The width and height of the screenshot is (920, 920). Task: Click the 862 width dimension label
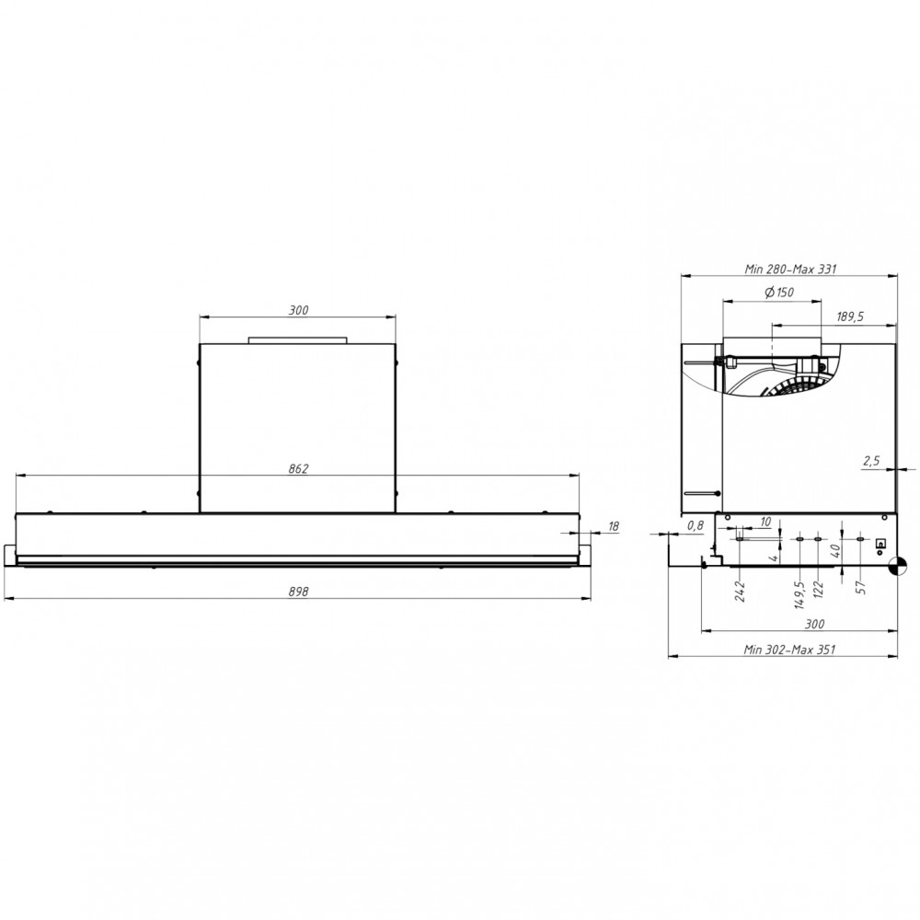297,467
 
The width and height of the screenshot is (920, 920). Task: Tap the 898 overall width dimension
297,592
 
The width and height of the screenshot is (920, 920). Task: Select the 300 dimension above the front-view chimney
298,310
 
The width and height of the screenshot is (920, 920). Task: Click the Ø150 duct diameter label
778,293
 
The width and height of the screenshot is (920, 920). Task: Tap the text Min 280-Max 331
789,270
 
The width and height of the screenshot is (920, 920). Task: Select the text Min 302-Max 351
789,650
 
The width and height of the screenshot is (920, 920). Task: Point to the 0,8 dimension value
696,524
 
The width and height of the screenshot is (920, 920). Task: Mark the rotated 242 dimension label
740,590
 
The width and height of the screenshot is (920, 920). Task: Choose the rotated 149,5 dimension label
800,593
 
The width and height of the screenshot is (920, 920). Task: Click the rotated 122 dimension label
818,590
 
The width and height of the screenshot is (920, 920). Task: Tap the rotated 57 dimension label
861,586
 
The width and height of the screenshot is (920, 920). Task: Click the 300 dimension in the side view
813,625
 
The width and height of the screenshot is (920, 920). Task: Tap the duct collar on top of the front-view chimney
298,339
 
